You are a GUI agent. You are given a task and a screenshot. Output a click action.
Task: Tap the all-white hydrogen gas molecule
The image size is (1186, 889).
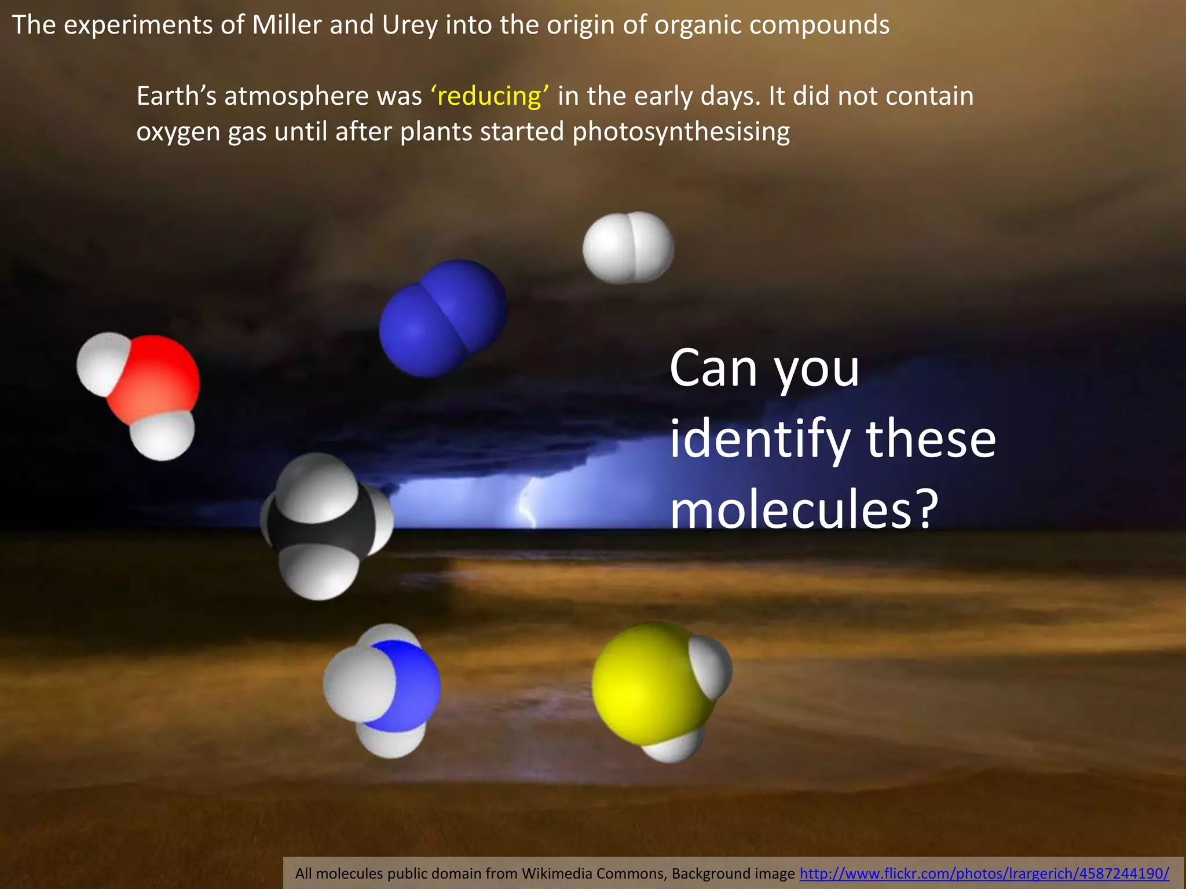coord(628,248)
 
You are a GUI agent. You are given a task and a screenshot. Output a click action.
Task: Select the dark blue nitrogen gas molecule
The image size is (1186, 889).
coord(443,318)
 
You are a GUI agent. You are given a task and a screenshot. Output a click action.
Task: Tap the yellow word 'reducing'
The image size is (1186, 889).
coord(490,96)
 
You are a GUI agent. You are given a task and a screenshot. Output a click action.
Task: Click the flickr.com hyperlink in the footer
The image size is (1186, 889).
coord(984,873)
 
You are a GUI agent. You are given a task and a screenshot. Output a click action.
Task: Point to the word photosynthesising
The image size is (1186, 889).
coord(681,132)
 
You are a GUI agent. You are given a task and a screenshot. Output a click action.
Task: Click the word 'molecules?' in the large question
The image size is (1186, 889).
coord(804,509)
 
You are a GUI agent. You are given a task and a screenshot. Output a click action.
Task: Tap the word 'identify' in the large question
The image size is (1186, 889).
coord(759,440)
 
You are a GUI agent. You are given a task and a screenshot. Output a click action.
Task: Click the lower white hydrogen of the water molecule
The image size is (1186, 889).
coord(162,435)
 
